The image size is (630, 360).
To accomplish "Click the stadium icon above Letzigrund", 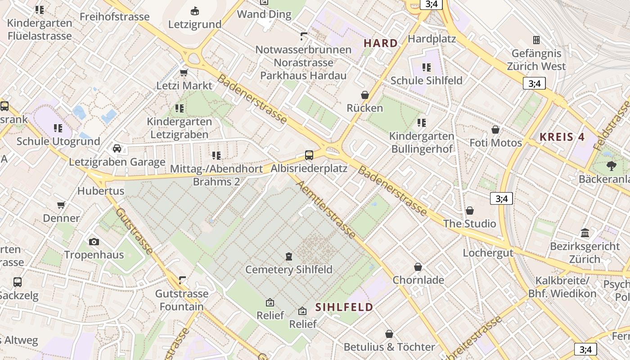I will tap(195, 10).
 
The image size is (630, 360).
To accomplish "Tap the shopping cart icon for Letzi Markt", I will tap(184, 72).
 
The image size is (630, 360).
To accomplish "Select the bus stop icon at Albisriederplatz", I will tap(309, 155).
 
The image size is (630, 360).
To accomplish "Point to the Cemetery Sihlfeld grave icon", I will tap(288, 256).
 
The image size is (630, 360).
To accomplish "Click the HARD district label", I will tap(381, 43).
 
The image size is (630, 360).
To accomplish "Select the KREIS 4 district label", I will tap(562, 137).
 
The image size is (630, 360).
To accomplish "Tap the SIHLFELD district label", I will tap(344, 307).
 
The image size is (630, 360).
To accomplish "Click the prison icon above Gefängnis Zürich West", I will tap(536, 40).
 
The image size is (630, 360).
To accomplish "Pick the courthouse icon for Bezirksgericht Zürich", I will tap(585, 233).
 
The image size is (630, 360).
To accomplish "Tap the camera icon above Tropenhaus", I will tap(94, 242).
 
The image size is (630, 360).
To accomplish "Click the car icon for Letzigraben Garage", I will tap(117, 148).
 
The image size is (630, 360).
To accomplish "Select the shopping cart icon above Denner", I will tap(61, 205).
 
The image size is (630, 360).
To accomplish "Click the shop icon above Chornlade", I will tap(418, 267).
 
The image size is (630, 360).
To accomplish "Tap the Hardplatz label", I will tap(432, 39).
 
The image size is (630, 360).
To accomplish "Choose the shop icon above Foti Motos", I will tap(495, 130).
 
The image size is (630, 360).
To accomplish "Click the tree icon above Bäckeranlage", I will tap(611, 166).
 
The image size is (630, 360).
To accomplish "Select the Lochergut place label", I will tap(488, 253).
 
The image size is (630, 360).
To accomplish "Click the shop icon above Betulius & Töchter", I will tap(389, 334).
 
